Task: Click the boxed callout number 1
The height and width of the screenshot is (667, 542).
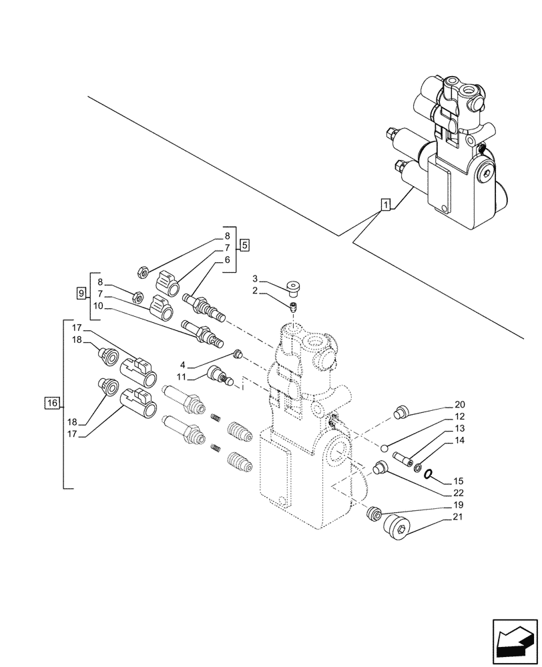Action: [x=385, y=205]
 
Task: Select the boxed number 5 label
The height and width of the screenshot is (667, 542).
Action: [x=245, y=245]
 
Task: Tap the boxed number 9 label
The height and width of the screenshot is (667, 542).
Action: [x=81, y=293]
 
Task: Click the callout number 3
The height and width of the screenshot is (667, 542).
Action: [x=255, y=278]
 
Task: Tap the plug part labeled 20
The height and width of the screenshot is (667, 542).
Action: [x=401, y=413]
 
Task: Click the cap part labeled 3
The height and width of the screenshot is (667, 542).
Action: [x=292, y=287]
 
